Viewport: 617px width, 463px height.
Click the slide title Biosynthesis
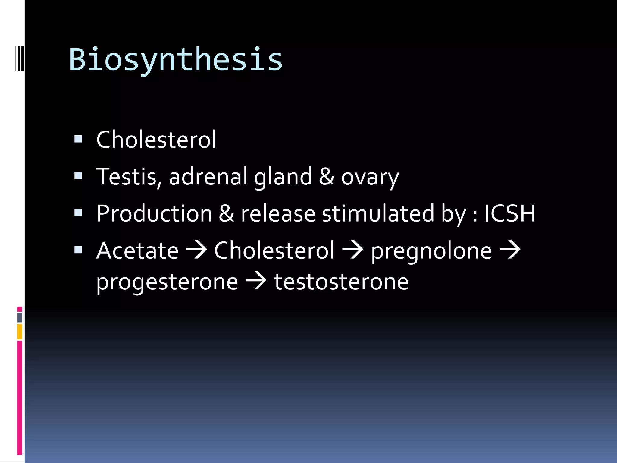[x=176, y=60]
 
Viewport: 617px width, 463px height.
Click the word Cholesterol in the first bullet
[x=156, y=140]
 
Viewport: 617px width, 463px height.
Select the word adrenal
[x=208, y=177]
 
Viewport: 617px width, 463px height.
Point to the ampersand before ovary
[x=327, y=177]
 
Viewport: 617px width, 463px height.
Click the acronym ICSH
[x=510, y=213]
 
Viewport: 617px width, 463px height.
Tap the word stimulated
[x=378, y=213]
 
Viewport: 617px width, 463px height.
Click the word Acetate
[x=137, y=251]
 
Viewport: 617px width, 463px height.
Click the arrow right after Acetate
[x=196, y=250]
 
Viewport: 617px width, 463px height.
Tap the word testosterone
[x=341, y=282]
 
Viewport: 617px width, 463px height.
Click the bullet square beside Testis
[x=78, y=176]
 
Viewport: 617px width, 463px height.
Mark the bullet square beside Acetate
[x=78, y=250]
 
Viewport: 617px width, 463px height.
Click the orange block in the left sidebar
[x=20, y=332]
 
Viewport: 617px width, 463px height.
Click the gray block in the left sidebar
[x=20, y=318]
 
